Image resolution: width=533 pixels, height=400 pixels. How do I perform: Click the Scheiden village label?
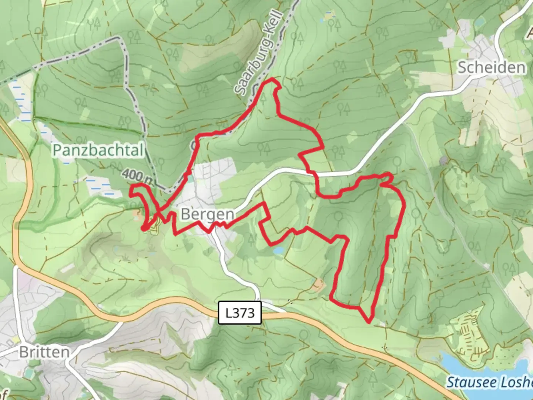(491, 68)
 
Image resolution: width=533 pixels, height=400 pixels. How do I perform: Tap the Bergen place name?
(207, 214)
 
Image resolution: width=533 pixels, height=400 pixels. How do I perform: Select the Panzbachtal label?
(98, 150)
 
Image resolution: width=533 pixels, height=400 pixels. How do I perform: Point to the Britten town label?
(44, 352)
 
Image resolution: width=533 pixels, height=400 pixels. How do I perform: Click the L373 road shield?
(240, 313)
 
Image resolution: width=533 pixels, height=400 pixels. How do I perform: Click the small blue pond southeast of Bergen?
(278, 251)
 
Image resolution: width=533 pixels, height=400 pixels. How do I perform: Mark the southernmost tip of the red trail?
(369, 321)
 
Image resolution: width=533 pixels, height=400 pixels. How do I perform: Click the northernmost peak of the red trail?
(273, 80)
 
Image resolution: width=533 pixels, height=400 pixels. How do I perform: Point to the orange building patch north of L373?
(318, 284)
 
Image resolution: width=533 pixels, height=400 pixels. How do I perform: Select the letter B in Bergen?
(185, 214)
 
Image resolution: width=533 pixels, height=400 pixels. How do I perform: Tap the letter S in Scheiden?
(463, 68)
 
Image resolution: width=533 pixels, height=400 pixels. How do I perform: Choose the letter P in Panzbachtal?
(57, 150)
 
